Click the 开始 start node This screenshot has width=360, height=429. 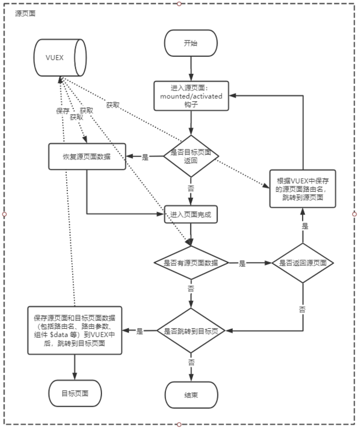191,43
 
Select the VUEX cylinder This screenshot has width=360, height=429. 60,57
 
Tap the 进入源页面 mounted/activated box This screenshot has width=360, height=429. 191,96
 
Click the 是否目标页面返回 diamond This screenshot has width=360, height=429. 191,156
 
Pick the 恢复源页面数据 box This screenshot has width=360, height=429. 87,156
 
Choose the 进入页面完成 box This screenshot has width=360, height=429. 191,215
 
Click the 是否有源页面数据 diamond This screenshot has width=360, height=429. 191,263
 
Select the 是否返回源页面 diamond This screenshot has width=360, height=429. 303,263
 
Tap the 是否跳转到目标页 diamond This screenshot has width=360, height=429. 191,331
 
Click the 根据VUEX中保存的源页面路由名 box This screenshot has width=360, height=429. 303,189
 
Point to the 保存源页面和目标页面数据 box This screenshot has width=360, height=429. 74,331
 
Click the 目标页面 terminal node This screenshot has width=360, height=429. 75,393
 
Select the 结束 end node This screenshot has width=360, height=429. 191,395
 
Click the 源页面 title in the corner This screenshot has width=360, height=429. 25,13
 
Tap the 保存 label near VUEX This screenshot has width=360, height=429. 63,111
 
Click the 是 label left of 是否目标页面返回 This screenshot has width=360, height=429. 145,157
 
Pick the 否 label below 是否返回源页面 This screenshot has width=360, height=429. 302,309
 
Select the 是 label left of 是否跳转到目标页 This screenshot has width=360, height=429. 140,331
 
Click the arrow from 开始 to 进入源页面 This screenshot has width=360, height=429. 191,69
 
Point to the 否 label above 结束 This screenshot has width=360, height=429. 191,362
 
